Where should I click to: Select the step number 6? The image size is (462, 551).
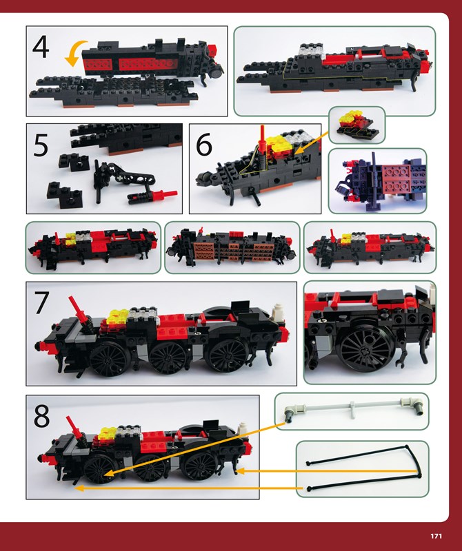click(203, 144)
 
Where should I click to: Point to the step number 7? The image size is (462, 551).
click(41, 303)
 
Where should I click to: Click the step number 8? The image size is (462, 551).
click(41, 416)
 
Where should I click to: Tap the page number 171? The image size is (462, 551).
click(436, 537)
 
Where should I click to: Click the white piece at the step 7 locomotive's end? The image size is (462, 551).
click(279, 311)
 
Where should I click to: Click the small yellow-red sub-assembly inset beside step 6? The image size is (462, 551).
click(356, 125)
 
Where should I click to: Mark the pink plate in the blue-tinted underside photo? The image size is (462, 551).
click(396, 178)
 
